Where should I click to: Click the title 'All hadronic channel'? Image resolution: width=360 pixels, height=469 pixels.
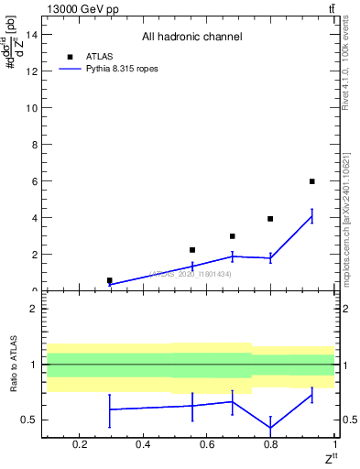(x=191, y=38)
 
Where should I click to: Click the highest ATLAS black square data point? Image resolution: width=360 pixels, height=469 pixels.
(x=312, y=181)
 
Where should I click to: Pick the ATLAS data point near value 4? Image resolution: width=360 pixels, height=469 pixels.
(x=270, y=219)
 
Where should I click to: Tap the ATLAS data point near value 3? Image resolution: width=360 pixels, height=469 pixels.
(x=233, y=236)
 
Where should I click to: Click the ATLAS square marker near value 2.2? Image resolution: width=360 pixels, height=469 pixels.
(x=192, y=250)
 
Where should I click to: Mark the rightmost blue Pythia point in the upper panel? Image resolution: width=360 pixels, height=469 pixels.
(x=312, y=216)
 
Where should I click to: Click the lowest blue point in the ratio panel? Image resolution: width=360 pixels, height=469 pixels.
(x=270, y=428)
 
